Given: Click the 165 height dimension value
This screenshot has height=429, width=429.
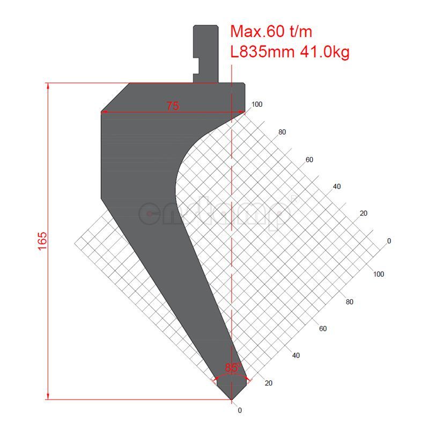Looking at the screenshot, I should coord(43,241).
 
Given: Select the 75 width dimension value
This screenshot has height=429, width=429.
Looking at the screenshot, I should coord(172,106).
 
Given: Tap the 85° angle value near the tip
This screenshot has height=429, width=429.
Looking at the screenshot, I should coord(232,368).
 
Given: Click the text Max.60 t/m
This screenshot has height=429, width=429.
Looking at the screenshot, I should coord(271,32).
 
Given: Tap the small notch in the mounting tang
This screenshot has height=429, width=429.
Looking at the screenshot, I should coord(196,66).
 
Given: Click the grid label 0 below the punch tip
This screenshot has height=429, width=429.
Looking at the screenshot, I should coord(240,410).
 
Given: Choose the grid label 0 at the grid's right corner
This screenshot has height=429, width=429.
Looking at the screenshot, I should coord(389,241).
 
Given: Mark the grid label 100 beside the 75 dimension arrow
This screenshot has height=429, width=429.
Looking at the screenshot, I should coord(257,105).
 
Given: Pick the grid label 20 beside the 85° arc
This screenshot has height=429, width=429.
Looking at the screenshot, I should coord(269,383).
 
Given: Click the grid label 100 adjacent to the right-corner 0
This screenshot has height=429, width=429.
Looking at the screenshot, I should coord(379,274).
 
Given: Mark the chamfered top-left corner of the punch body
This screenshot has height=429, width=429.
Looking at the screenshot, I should coord(115,98).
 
